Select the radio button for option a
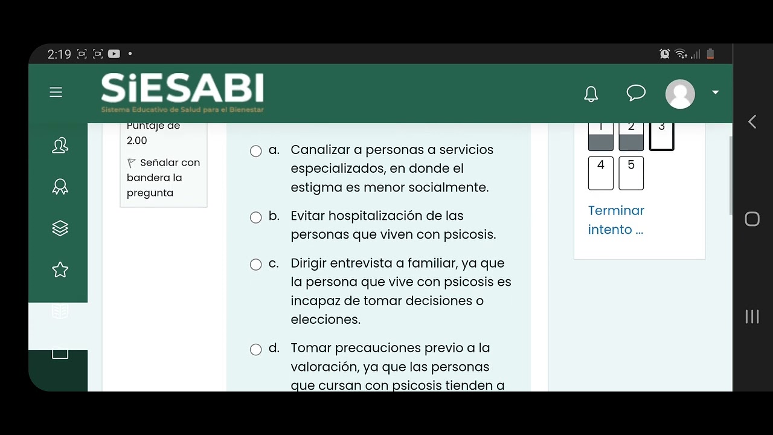[x=256, y=151]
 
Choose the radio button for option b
[x=256, y=217]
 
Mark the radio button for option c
[x=256, y=265]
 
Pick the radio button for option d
[x=256, y=350]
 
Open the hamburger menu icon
[x=56, y=92]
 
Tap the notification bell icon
[x=591, y=94]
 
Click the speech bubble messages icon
[x=636, y=93]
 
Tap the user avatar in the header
[x=680, y=94]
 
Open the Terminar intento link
[x=616, y=220]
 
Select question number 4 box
[x=601, y=173]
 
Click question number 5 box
[x=631, y=173]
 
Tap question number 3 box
[x=662, y=136]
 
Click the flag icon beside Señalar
[x=132, y=163]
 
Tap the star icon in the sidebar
[x=60, y=269]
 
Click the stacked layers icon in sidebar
[x=60, y=228]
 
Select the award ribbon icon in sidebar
[x=60, y=187]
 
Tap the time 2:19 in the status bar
[x=59, y=54]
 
